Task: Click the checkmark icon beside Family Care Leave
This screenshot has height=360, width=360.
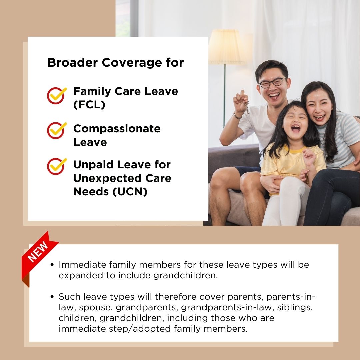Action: (x=56, y=96)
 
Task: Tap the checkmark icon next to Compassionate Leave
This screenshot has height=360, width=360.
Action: (x=56, y=130)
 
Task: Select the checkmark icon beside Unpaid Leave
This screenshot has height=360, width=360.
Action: (x=56, y=166)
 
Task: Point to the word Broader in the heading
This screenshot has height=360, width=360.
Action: (x=73, y=62)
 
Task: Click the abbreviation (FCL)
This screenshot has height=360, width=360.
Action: (x=89, y=105)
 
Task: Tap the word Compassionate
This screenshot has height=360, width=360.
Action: (x=117, y=129)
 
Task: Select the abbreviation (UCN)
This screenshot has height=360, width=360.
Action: (x=130, y=191)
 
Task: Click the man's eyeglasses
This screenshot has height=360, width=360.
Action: (x=273, y=82)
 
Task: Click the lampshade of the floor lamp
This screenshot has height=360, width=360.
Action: (x=226, y=47)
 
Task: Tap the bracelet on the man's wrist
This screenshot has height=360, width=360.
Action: (x=237, y=115)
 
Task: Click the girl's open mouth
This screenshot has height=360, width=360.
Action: (x=296, y=128)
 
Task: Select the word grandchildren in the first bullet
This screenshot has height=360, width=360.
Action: (x=185, y=275)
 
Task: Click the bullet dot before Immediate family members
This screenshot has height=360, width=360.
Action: (x=52, y=265)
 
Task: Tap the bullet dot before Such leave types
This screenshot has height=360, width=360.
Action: (x=52, y=297)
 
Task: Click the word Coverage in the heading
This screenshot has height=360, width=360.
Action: (x=132, y=62)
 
